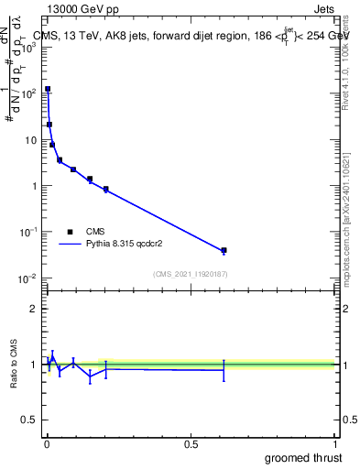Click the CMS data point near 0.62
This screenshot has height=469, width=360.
(224, 250)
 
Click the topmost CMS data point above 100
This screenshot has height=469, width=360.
(48, 90)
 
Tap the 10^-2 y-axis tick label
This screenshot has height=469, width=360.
(27, 278)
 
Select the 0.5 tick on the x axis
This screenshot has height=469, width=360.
(191, 444)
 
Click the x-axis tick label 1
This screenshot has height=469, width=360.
(335, 444)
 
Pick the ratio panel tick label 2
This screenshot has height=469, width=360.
(31, 309)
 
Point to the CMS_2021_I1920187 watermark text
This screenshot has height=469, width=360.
(190, 273)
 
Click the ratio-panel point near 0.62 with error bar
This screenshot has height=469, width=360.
(224, 370)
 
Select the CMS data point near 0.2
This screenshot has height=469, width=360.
(106, 190)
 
